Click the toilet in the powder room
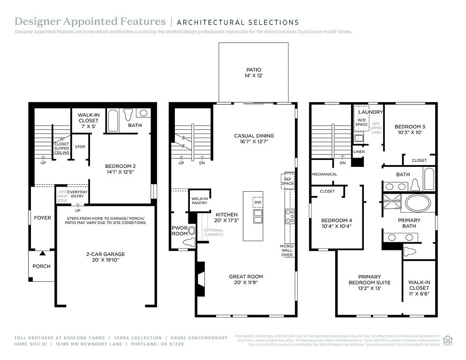point(189,242)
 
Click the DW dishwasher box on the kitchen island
point(257,202)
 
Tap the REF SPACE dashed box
point(287,180)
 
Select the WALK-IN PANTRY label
point(199,201)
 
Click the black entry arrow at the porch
point(43,254)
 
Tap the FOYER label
point(43,217)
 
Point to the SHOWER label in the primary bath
point(392,201)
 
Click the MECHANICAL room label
point(324,174)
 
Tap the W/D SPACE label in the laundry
point(361,122)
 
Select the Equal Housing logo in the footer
point(448,340)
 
